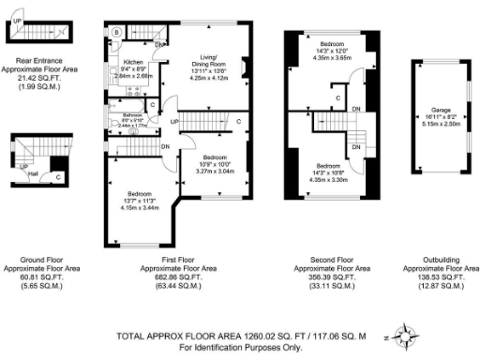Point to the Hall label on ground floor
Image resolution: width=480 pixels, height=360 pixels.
33,172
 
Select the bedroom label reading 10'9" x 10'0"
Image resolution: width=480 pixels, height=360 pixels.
215,157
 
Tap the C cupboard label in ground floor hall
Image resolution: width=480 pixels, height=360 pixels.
58,175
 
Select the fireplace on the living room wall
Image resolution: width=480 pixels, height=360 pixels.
245,67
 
